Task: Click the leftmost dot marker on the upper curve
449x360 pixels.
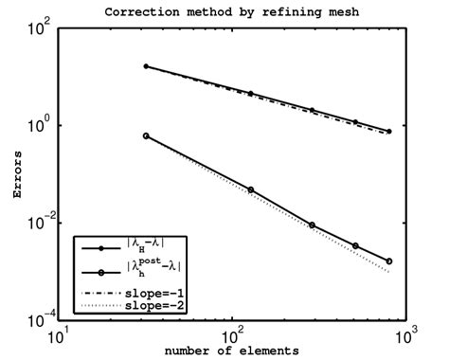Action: tap(146, 66)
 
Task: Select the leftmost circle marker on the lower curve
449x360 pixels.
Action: tap(146, 135)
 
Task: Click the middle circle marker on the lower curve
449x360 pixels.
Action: tap(312, 225)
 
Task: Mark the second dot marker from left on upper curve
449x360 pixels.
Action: tap(250, 94)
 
